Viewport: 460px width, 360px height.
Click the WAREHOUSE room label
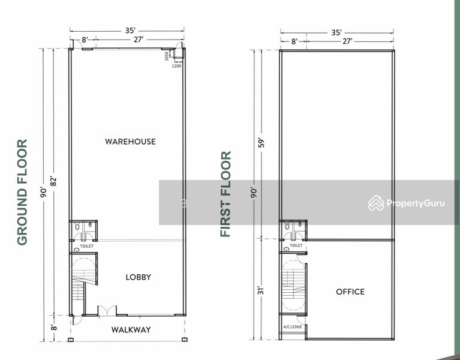[130, 142]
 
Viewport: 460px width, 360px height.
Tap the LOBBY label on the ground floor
[138, 277]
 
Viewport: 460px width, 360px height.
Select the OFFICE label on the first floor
[350, 292]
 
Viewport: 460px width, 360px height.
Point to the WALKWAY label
[131, 329]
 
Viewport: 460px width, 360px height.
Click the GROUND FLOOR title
[22, 192]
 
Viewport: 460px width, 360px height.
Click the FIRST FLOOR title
[226, 194]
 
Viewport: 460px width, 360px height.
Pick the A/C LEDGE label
[293, 326]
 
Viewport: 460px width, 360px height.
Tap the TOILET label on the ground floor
[86, 246]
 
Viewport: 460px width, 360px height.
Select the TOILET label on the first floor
[296, 245]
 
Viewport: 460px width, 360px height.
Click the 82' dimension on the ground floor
[53, 181]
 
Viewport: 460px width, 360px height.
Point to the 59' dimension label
[261, 143]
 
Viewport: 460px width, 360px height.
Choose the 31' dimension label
[261, 290]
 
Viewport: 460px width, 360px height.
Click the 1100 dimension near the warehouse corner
[176, 66]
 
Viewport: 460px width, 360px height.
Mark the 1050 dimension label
[167, 56]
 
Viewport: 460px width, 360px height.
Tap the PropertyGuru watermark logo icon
[376, 203]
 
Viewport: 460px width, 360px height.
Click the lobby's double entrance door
[107, 310]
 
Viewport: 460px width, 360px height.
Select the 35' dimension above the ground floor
[130, 31]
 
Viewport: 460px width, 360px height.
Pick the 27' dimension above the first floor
[347, 41]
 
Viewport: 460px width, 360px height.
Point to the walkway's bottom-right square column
[184, 340]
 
